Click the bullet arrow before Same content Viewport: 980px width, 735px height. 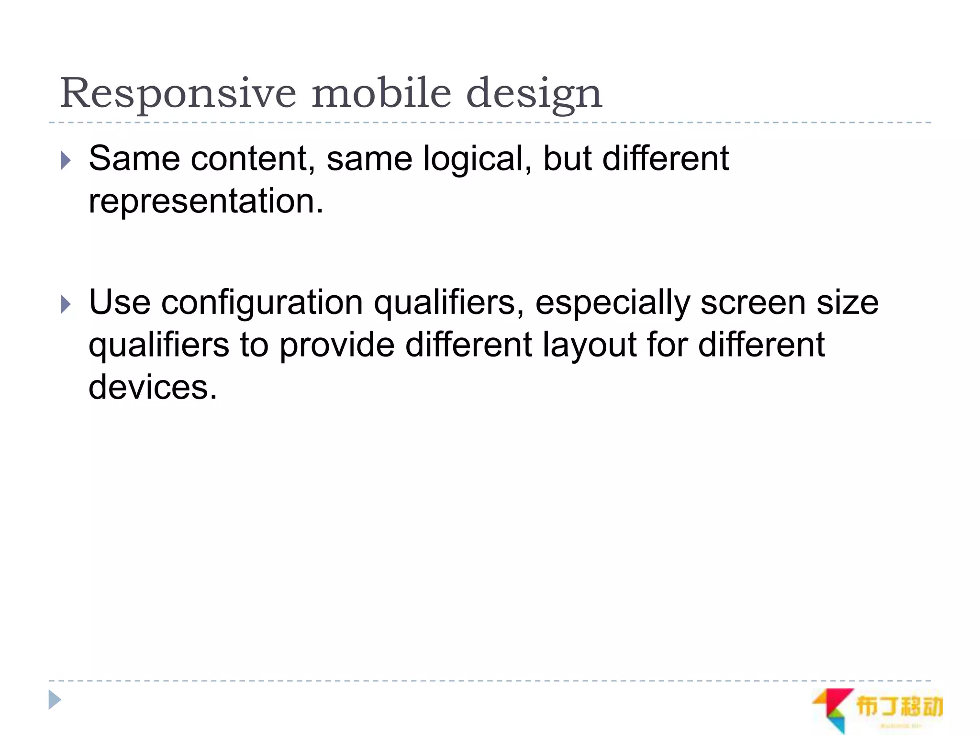coord(66,161)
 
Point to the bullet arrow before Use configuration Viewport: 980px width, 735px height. coord(66,304)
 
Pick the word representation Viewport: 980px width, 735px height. coord(206,201)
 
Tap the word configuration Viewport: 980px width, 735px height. coord(262,303)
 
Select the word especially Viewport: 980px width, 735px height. coord(612,303)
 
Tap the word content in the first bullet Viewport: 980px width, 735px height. coord(252,159)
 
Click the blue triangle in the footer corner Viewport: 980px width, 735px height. coord(55,700)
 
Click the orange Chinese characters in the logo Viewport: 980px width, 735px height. coord(899,706)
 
